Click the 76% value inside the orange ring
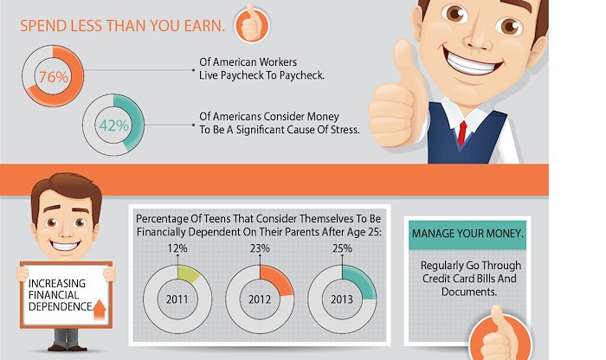point(54,77)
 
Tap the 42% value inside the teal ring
point(114,125)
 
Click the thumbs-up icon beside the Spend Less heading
point(252,24)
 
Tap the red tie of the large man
point(461,133)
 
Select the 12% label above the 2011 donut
point(177,248)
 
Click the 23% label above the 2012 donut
point(260,248)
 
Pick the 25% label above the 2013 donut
point(342,248)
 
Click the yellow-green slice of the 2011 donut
point(188,273)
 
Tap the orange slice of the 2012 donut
point(275,280)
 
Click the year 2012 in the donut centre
point(260,299)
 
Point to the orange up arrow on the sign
point(100,310)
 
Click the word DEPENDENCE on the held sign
point(60,306)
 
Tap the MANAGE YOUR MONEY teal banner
point(467,234)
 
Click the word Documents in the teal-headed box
point(469,292)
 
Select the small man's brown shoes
point(68,348)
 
